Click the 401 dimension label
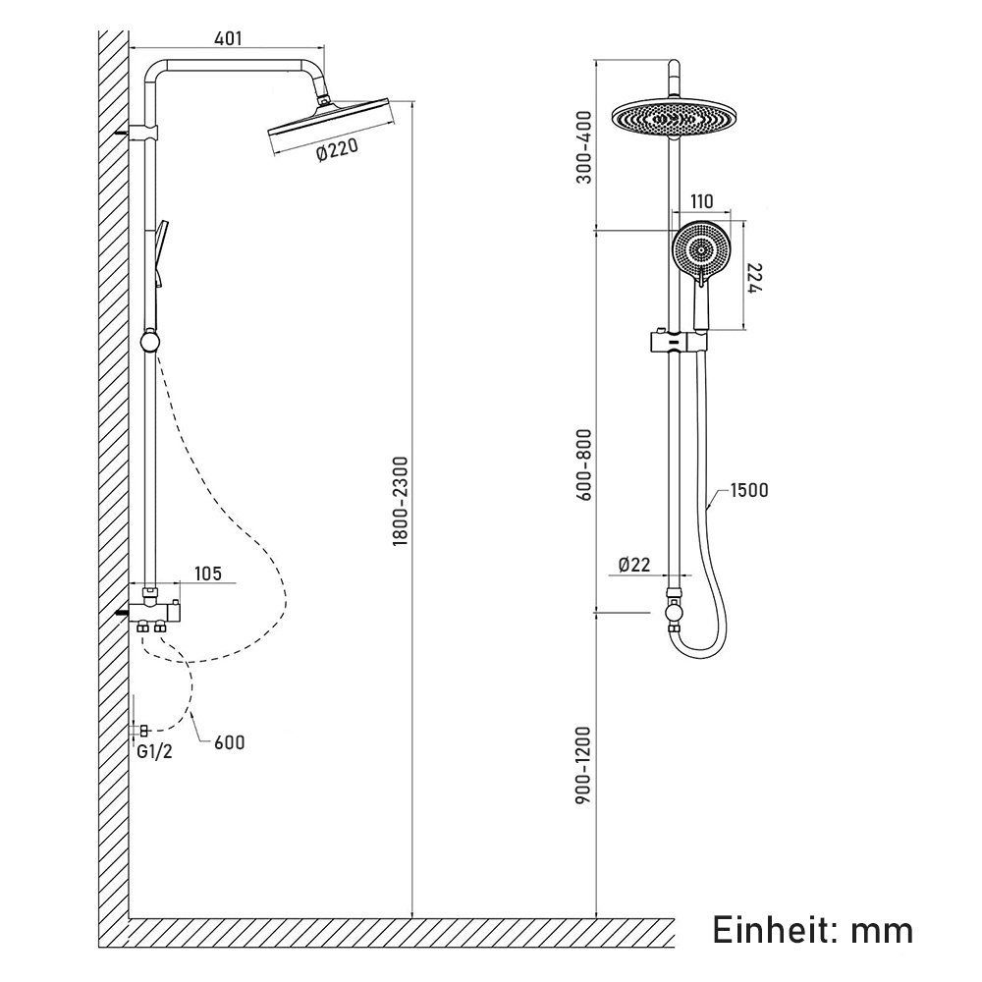pos(227,38)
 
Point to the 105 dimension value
pos(207,573)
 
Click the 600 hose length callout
pos(230,742)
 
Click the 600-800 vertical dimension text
pos(587,463)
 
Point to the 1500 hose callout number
pos(748,491)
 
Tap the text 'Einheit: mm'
pos(812,928)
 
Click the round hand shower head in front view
pos(700,249)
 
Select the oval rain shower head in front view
pos(672,119)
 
